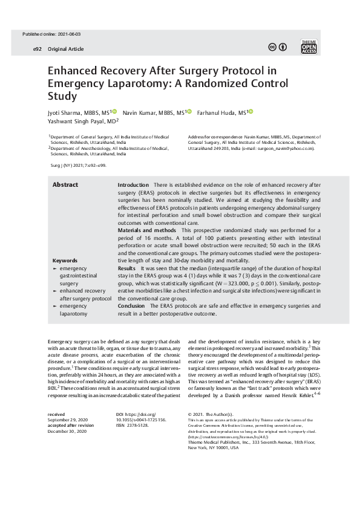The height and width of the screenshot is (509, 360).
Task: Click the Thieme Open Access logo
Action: (309, 48)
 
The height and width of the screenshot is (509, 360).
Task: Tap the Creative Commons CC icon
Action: (273, 48)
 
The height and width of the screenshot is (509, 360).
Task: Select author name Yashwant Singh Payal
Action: (79, 121)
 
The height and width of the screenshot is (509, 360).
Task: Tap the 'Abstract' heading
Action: (65, 184)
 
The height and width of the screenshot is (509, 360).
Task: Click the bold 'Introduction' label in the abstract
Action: (133, 184)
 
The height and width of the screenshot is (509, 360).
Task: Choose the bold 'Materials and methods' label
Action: (147, 230)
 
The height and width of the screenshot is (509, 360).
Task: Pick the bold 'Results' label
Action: (126, 267)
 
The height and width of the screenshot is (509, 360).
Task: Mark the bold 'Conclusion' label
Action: (131, 306)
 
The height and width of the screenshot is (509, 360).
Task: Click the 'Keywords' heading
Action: (65, 261)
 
